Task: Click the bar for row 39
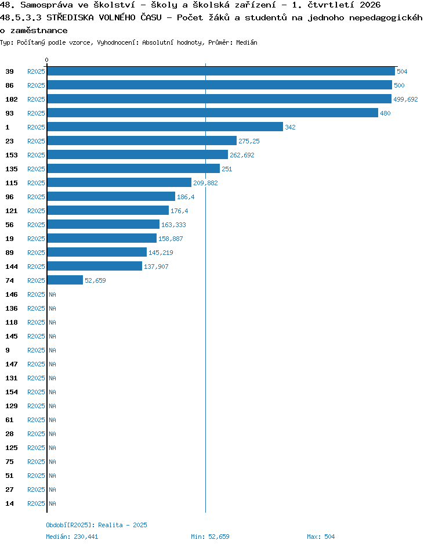(221, 71)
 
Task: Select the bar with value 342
(165, 127)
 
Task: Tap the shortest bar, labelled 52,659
(65, 280)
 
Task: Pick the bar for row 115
(119, 182)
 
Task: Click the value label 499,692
(405, 99)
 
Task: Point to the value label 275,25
(249, 141)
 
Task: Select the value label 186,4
(186, 197)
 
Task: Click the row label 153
(12, 155)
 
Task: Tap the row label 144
(12, 267)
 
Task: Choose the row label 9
(8, 350)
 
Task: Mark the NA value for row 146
(52, 294)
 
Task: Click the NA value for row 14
(52, 503)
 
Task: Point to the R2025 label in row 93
(36, 113)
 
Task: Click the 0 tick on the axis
(47, 60)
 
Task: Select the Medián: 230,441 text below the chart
(72, 537)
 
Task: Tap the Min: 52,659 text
(210, 537)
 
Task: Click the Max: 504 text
(321, 537)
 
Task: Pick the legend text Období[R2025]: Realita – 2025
(96, 525)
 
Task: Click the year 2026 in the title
(370, 5)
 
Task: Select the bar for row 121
(108, 210)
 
